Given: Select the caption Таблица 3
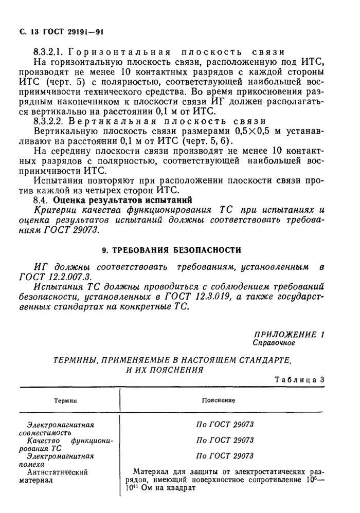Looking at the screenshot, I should tap(300, 380).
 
